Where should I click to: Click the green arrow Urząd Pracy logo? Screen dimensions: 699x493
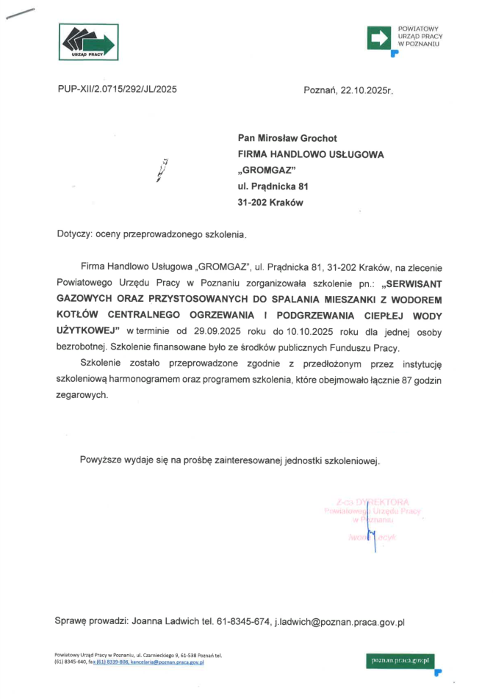(x=88, y=42)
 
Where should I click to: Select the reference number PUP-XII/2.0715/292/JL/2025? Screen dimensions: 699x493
(x=117, y=90)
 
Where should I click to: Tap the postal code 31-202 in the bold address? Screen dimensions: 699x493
(x=253, y=203)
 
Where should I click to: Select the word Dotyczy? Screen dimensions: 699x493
(x=73, y=235)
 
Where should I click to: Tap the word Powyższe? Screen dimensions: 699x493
(x=103, y=460)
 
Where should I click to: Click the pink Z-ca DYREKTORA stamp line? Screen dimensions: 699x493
(x=371, y=501)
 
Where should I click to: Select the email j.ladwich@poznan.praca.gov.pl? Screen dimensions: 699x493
(x=339, y=622)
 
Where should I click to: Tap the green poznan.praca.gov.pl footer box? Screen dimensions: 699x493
(x=401, y=660)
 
